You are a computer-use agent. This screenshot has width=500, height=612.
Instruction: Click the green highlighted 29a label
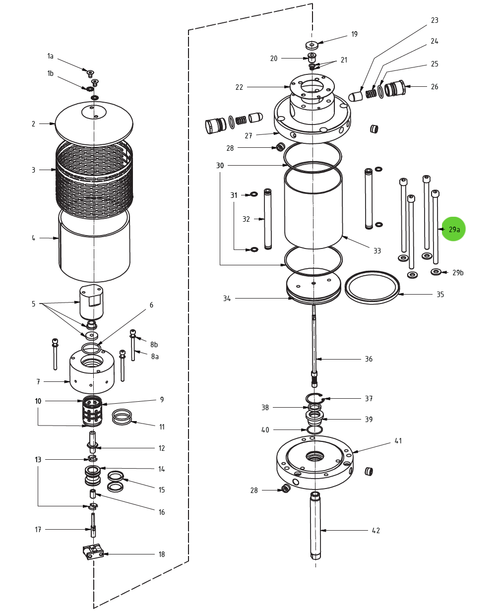pyautogui.click(x=454, y=229)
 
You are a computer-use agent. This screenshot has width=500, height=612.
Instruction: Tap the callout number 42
pyautogui.click(x=376, y=531)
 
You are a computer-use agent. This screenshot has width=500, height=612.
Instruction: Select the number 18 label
pyautogui.click(x=161, y=554)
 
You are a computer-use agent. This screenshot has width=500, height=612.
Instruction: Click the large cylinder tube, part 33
pyautogui.click(x=313, y=208)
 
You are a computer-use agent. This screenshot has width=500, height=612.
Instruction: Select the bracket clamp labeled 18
pyautogui.click(x=93, y=551)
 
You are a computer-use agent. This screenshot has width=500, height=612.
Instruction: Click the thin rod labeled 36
pyautogui.click(x=314, y=342)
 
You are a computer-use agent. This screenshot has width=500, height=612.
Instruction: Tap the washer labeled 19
pyautogui.click(x=312, y=45)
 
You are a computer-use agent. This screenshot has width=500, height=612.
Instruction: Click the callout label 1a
pyautogui.click(x=50, y=56)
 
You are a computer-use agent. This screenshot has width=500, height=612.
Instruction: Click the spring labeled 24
pyautogui.click(x=370, y=93)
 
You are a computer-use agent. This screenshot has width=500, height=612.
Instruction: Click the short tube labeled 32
pyautogui.click(x=268, y=218)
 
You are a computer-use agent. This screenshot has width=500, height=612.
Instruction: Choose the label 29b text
pyautogui.click(x=457, y=273)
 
